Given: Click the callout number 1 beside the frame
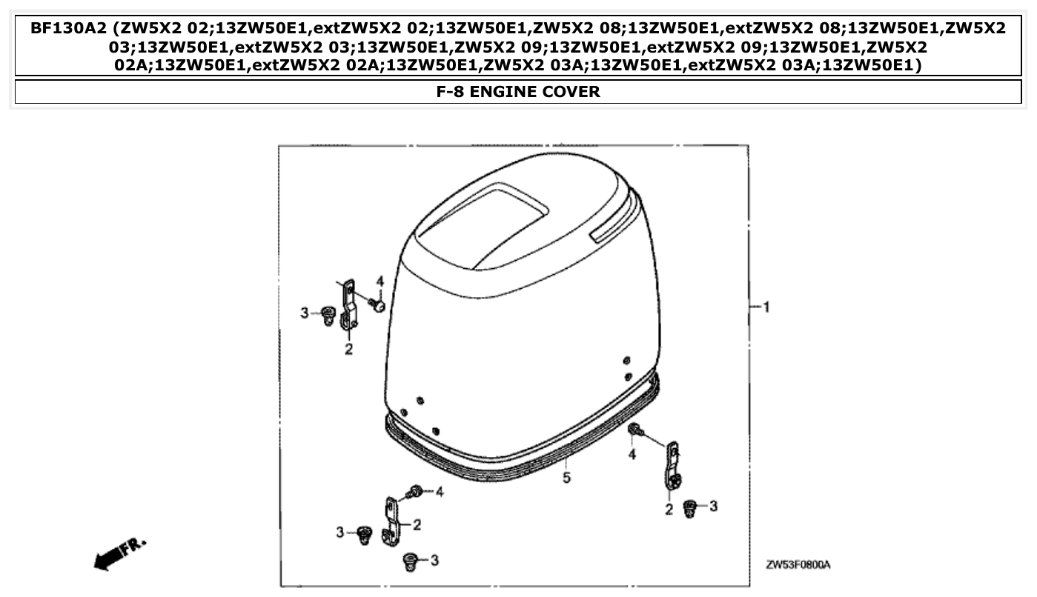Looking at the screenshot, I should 766,307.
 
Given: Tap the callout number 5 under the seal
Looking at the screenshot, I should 566,478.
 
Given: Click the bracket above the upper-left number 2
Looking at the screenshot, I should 348,304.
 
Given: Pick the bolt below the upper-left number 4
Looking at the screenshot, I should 379,304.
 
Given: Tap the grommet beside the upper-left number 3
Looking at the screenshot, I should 327,315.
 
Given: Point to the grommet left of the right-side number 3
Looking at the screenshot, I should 690,507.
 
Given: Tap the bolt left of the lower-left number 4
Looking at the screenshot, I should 415,491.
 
